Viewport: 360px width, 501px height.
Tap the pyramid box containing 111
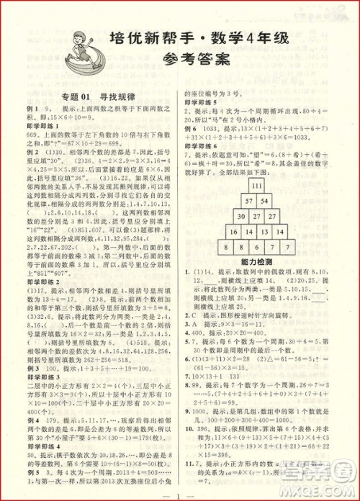click(249, 185)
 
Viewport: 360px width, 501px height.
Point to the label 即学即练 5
click(202, 102)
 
